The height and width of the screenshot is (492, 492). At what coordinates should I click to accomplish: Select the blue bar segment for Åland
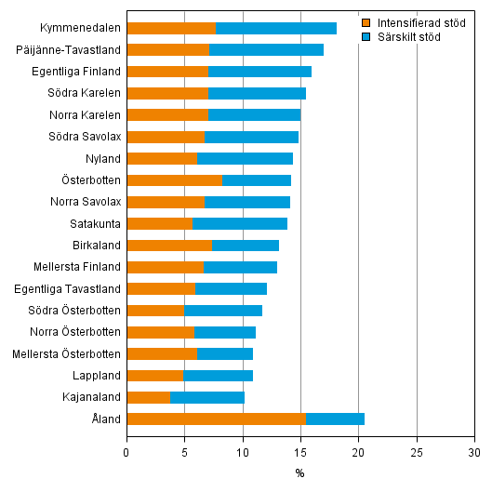pyautogui.click(x=335, y=419)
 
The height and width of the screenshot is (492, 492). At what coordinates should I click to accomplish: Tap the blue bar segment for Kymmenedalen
pyautogui.click(x=275, y=28)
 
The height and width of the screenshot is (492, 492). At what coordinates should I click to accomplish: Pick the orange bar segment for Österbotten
pyautogui.click(x=174, y=180)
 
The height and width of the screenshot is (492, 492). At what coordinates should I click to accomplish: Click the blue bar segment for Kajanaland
pyautogui.click(x=207, y=397)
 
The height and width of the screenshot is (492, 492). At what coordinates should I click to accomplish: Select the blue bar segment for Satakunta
pyautogui.click(x=240, y=223)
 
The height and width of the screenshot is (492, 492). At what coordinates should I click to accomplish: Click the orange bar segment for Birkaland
pyautogui.click(x=169, y=245)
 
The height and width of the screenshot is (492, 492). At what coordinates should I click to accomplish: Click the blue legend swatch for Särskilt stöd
pyautogui.click(x=366, y=36)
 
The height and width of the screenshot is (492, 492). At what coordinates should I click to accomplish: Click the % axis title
pyautogui.click(x=299, y=473)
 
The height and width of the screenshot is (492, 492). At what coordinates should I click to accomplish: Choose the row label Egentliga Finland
pyautogui.click(x=78, y=72)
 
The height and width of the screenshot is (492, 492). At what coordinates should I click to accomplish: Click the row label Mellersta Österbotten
pyautogui.click(x=67, y=353)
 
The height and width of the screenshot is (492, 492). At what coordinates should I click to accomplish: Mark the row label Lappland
pyautogui.click(x=99, y=376)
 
